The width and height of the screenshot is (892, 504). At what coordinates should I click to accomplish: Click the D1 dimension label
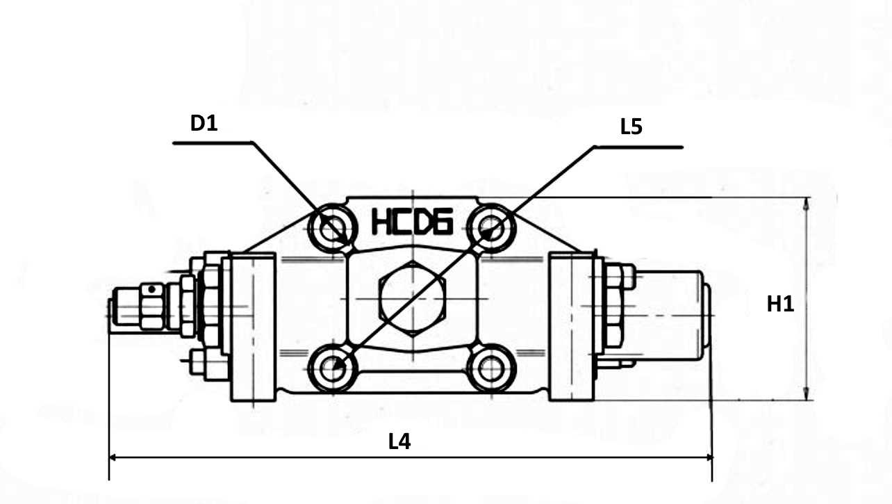[204, 124]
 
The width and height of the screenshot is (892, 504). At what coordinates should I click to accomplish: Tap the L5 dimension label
[631, 127]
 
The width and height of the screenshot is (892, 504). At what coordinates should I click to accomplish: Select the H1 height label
[780, 304]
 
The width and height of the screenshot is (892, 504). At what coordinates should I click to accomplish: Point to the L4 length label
[399, 442]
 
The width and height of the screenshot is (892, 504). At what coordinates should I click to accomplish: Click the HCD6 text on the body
[412, 221]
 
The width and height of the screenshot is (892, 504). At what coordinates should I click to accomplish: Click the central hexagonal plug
[413, 299]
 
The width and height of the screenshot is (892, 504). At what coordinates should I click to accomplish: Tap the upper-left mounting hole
[332, 229]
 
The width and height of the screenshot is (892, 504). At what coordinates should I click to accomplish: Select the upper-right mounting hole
[491, 229]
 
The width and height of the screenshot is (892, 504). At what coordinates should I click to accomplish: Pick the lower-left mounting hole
[332, 368]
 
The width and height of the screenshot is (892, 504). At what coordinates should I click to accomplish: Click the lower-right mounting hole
[491, 368]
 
